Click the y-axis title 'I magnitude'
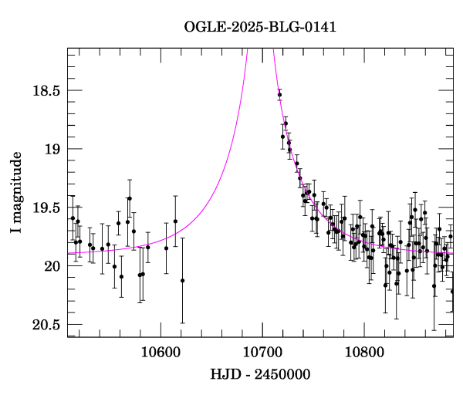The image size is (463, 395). [x=16, y=192]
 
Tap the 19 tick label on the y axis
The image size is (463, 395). [x=51, y=149]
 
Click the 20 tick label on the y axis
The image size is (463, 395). [x=51, y=266]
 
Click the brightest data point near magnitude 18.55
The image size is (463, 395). [x=279, y=95]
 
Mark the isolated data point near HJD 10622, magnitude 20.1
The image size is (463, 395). [x=182, y=281]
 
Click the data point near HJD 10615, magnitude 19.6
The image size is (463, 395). [x=175, y=221]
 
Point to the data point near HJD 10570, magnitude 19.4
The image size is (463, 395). [x=130, y=198]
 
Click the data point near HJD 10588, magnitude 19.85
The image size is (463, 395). [x=148, y=247]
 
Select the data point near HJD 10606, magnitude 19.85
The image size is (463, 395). [x=166, y=248]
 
